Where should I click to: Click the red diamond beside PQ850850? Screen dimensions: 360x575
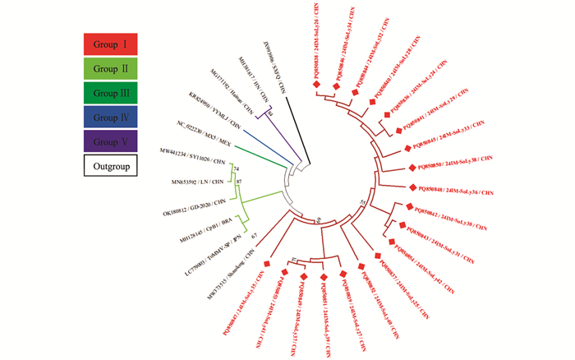414,168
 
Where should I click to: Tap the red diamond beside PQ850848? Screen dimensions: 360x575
415,187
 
